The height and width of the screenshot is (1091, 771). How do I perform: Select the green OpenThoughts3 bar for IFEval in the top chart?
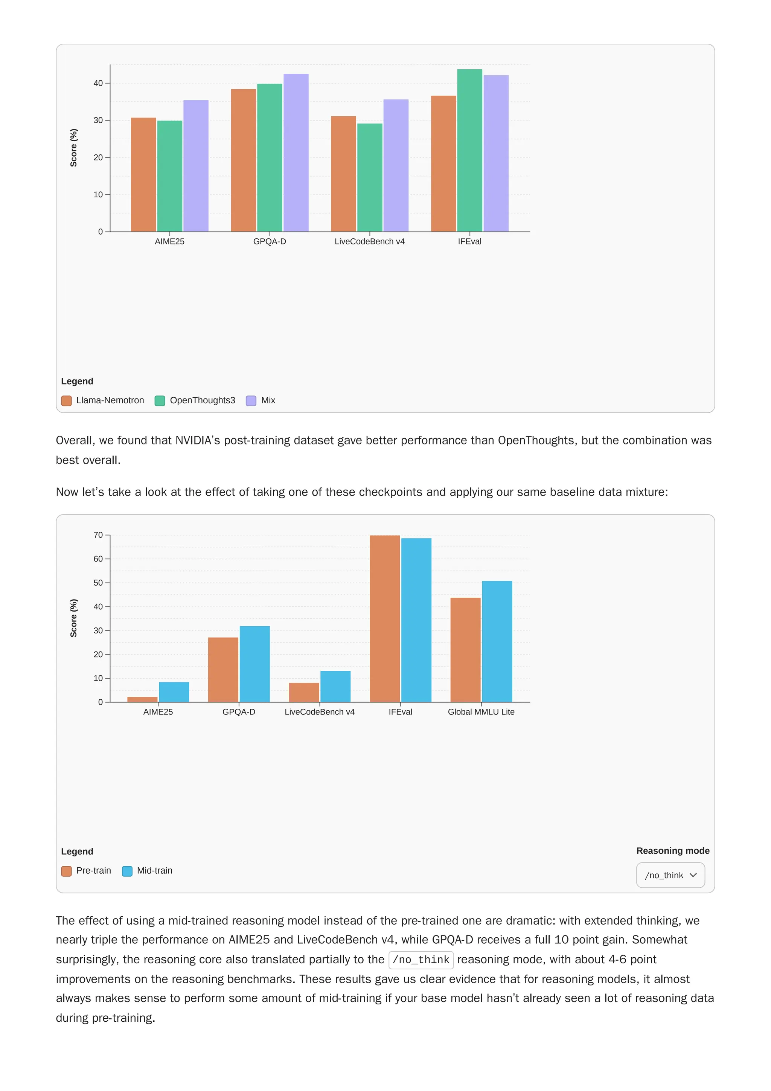tap(469, 151)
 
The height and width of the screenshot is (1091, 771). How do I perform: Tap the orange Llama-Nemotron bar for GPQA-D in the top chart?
tap(243, 160)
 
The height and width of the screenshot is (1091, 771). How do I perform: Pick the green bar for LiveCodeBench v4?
tap(370, 177)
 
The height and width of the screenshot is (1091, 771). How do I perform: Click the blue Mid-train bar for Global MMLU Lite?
tap(497, 641)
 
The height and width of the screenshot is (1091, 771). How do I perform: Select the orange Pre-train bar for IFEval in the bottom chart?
tap(384, 618)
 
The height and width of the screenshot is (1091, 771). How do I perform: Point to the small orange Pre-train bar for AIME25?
tap(142, 699)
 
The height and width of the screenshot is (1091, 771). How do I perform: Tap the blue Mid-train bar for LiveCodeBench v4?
tap(335, 686)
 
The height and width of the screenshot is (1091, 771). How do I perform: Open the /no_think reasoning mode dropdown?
tap(670, 875)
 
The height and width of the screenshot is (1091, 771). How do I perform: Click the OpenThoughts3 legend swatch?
tap(160, 401)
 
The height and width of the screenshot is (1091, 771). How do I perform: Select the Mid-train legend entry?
tap(154, 871)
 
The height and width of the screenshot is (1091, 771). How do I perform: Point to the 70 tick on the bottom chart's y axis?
tap(98, 535)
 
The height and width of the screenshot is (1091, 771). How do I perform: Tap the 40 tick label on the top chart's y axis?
tap(98, 83)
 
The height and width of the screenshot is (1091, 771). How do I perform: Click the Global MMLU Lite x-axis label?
tap(481, 712)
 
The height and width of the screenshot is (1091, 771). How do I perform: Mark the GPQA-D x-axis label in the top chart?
tap(269, 241)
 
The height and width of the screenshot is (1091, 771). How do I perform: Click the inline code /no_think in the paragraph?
tap(421, 959)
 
